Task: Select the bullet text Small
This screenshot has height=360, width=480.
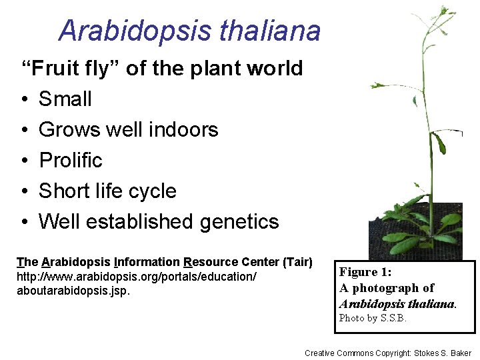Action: point(65,99)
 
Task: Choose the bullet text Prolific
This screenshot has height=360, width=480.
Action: point(71,160)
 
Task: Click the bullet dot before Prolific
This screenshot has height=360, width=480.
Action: point(23,161)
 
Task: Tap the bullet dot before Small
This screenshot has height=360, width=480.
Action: point(23,99)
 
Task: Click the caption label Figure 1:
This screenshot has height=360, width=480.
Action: point(365,272)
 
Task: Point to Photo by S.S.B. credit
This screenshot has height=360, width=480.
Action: point(373,318)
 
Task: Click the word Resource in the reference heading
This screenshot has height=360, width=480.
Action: point(206,262)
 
